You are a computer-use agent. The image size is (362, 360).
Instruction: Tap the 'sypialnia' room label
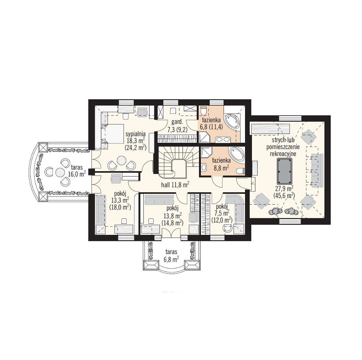[135, 134]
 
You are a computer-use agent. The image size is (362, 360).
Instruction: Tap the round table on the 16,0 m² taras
[60, 172]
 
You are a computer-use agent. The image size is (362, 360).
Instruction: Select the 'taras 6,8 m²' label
[171, 256]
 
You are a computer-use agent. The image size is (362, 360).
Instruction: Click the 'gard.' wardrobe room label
[177, 122]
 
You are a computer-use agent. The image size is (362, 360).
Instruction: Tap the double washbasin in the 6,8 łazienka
[223, 139]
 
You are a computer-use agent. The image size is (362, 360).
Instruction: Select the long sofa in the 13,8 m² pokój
[159, 200]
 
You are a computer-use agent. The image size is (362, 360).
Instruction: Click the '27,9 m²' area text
[284, 188]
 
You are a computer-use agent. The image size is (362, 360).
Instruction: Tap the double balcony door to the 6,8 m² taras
[171, 232]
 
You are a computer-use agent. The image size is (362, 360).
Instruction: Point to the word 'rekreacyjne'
[283, 154]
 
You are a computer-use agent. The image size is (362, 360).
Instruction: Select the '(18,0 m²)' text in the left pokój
[120, 207]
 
